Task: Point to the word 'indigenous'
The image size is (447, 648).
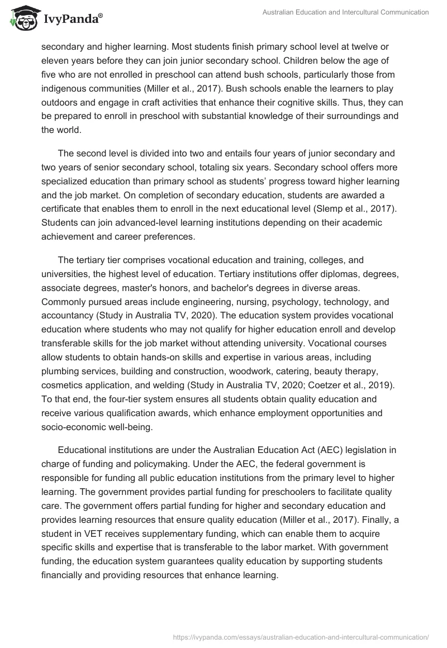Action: coord(64,88)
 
